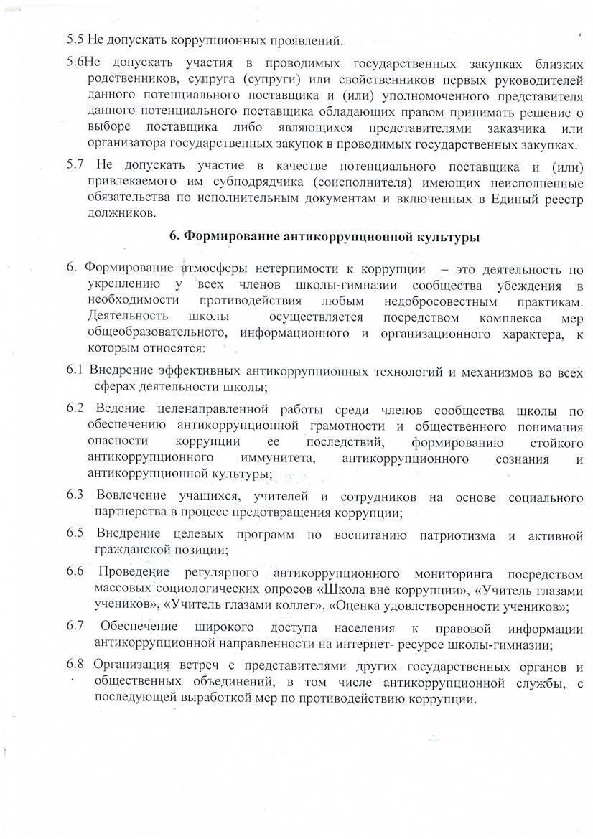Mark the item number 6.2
click(76, 409)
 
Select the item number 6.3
click(76, 496)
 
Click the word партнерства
click(131, 512)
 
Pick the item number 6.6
click(76, 571)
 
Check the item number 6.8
click(76, 664)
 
